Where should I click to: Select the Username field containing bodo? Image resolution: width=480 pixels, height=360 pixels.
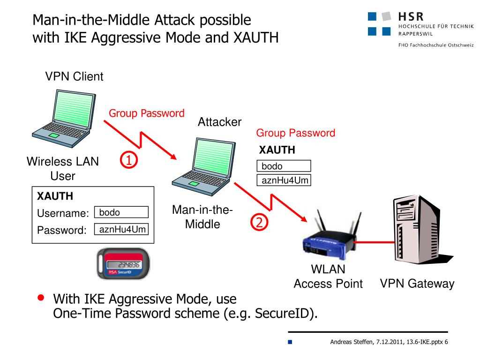pyautogui.click(x=121, y=212)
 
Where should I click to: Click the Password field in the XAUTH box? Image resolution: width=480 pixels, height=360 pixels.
pyautogui.click(x=121, y=229)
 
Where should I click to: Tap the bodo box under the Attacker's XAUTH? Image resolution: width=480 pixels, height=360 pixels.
pyautogui.click(x=284, y=166)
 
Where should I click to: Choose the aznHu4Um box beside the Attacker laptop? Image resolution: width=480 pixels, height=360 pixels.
pyautogui.click(x=284, y=180)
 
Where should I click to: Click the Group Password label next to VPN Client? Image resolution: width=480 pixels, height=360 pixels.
pyautogui.click(x=146, y=113)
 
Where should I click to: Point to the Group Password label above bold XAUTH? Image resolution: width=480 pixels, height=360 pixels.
pyautogui.click(x=295, y=133)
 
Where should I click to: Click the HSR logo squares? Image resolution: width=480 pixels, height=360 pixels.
pyautogui.click(x=379, y=24)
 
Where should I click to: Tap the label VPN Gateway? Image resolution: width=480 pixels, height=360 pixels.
pyautogui.click(x=417, y=284)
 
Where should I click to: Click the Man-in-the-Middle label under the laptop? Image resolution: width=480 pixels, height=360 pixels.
pyautogui.click(x=202, y=217)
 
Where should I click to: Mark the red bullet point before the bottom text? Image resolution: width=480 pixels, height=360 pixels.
pyautogui.click(x=41, y=298)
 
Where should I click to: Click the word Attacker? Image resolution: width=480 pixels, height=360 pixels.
pyautogui.click(x=219, y=122)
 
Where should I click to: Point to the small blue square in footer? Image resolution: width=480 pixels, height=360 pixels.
pyautogui.click(x=290, y=342)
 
